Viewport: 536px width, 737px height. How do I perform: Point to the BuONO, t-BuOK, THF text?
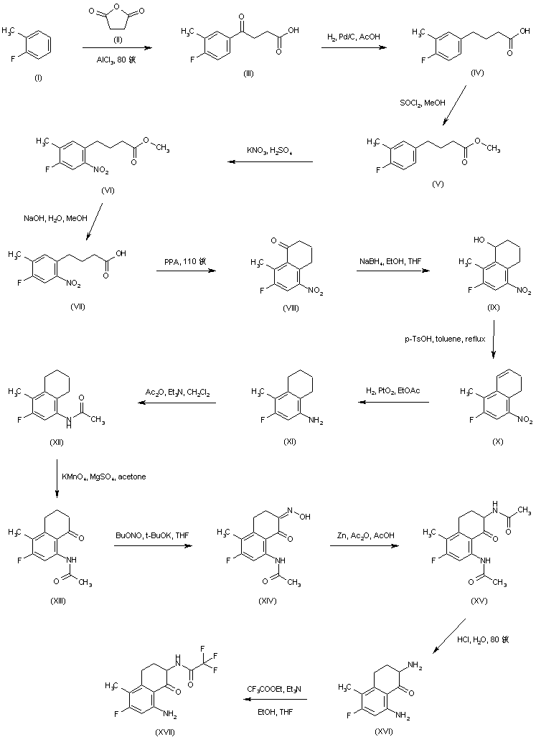(x=149, y=535)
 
